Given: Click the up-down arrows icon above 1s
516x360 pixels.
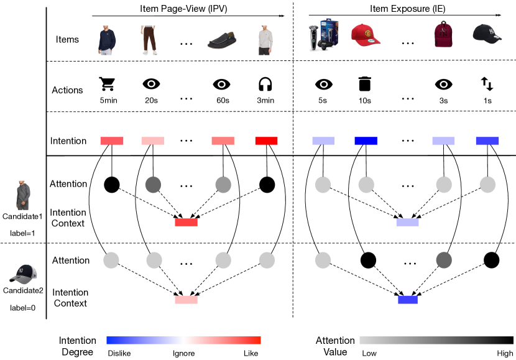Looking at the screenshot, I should pyautogui.click(x=487, y=83).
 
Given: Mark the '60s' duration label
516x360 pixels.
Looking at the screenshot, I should pyautogui.click(x=222, y=100).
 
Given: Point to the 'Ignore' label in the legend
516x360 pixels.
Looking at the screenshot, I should pyautogui.click(x=183, y=353).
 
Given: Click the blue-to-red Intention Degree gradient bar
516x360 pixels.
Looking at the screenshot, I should pyautogui.click(x=183, y=340).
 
